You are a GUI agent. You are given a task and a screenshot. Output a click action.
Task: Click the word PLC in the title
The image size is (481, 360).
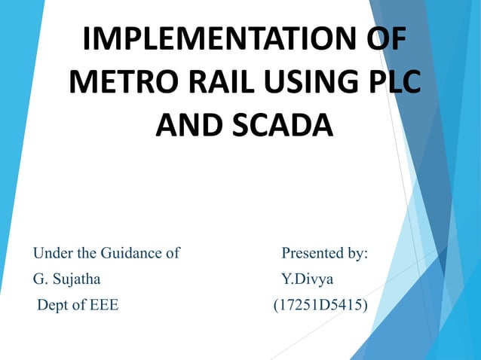click(x=391, y=82)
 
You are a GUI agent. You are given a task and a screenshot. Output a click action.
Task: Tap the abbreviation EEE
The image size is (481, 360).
click(x=102, y=307)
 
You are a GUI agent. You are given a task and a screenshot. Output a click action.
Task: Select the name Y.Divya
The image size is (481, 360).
click(x=307, y=280)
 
